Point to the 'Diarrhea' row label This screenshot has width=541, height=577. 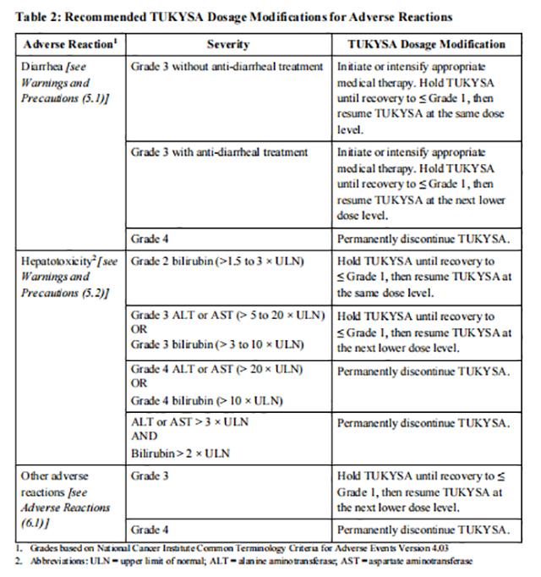click(41, 67)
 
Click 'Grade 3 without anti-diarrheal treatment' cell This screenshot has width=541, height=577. click(227, 67)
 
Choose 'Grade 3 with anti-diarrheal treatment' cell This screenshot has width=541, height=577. click(219, 153)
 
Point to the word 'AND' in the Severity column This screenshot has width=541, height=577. click(145, 437)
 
